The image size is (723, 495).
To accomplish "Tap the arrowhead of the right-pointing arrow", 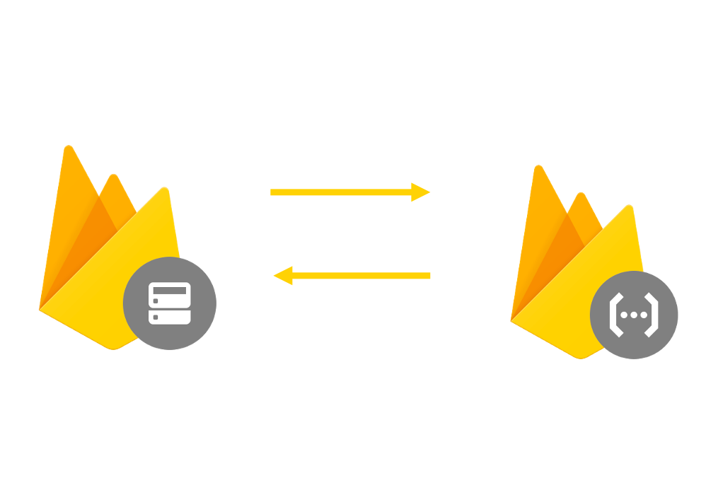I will point(421,192).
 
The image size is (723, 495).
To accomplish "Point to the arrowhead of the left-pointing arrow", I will point(282,275).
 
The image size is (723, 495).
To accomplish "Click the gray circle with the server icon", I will point(170,303).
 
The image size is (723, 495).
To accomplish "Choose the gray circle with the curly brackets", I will point(634,315).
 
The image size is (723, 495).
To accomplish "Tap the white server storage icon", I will point(170,303).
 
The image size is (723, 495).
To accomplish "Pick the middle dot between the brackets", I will point(634,315).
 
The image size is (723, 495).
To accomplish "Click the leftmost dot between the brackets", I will point(624,315).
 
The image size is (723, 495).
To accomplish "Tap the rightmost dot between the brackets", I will point(644,315).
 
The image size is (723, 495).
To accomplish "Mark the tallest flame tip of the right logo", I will point(538,168).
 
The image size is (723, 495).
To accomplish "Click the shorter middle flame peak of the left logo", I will point(113,176).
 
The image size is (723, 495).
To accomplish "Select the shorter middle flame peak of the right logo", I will point(582,195).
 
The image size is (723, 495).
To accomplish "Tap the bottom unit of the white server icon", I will point(170,316).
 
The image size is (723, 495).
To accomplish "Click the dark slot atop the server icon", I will point(170,291).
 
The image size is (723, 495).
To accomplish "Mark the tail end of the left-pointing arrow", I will point(428,275).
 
